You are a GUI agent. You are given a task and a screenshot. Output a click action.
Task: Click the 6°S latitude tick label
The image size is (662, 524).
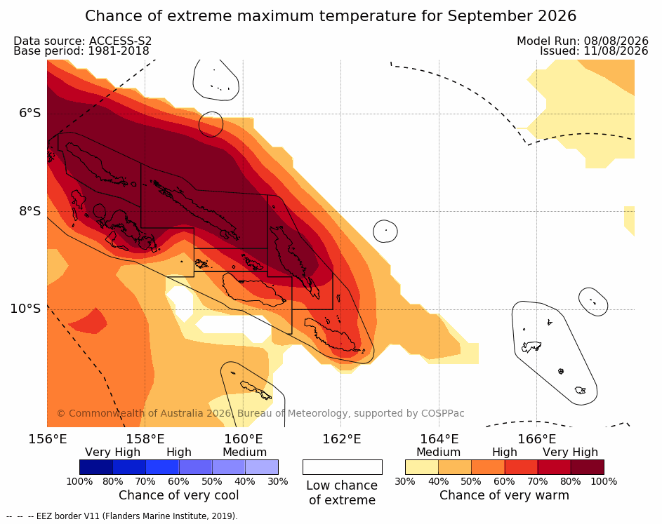29,113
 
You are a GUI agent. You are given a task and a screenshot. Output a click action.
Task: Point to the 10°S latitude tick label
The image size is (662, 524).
26,309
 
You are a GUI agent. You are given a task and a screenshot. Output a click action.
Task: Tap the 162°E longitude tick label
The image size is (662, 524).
342,439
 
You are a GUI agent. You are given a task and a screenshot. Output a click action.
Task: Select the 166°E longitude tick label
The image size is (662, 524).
537,439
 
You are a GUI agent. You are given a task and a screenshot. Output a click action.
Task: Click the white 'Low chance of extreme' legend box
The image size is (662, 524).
343,467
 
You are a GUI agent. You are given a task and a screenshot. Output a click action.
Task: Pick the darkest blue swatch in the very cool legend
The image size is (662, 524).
96,467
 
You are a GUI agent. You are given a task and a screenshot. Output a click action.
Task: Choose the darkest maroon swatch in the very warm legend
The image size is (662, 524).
588,467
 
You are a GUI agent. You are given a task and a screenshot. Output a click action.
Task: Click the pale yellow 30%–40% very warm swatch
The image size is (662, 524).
422,467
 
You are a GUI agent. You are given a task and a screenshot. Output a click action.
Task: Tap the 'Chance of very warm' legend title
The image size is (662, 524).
504,495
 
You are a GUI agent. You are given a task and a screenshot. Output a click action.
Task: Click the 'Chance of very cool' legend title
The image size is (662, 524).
178,495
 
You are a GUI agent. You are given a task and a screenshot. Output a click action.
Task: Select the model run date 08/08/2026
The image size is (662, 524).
616,41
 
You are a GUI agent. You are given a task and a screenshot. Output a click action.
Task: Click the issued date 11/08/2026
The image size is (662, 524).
616,51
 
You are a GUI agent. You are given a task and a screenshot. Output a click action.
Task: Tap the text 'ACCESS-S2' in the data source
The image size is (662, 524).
120,41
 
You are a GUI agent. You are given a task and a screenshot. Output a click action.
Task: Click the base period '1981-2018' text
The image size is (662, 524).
119,51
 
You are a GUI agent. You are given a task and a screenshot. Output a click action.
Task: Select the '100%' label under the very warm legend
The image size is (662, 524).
604,481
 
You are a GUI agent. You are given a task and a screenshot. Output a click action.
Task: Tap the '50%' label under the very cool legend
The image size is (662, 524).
211,481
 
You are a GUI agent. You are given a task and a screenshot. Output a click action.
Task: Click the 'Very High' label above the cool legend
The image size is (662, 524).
112,452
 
